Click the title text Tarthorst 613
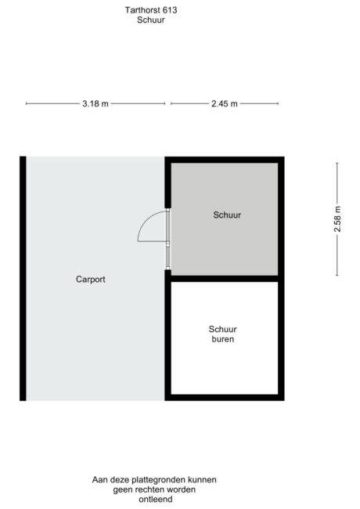[150, 10]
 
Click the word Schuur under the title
[150, 20]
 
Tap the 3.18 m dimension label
[95, 103]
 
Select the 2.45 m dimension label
[224, 103]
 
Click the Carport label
[91, 279]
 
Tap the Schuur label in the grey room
[227, 215]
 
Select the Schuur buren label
[222, 334]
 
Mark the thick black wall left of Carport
[23, 278]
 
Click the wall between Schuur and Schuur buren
[224, 278]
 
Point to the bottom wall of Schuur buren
[224, 397]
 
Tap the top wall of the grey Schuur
[224, 159]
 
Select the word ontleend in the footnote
[154, 500]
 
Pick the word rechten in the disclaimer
[148, 489]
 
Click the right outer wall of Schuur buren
[281, 338]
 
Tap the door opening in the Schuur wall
[167, 239]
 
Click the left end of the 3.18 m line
[27, 103]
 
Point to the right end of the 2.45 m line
[279, 103]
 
